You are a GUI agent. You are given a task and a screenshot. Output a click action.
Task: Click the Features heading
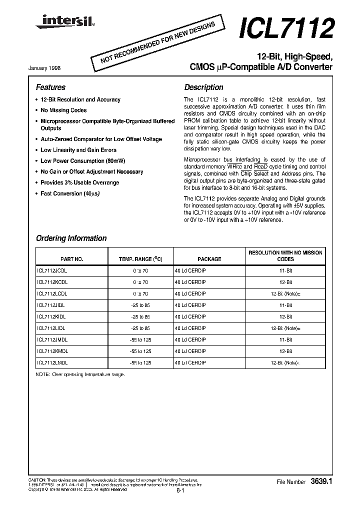click(x=50, y=87)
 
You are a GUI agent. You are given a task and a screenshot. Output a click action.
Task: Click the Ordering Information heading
click(x=71, y=238)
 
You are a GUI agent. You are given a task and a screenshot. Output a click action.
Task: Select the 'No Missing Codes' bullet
click(x=63, y=110)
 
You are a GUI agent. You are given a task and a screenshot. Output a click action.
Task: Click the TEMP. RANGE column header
click(x=140, y=259)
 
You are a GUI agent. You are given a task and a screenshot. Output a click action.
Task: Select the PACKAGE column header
click(x=209, y=259)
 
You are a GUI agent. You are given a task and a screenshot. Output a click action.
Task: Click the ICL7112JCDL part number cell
click(x=52, y=270)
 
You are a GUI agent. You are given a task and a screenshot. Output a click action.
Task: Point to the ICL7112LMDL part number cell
click(x=52, y=362)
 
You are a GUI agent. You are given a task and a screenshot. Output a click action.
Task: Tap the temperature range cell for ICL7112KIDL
click(x=140, y=316)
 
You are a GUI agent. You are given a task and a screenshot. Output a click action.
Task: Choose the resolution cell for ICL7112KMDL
click(x=285, y=351)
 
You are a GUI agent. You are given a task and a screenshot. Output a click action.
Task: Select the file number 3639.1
click(x=321, y=481)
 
